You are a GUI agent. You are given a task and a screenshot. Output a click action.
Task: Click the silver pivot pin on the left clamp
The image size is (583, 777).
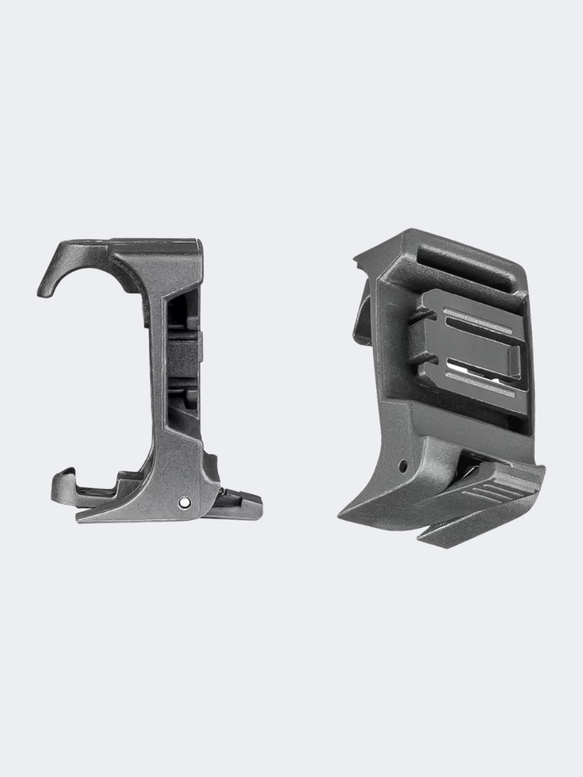pyautogui.click(x=183, y=503)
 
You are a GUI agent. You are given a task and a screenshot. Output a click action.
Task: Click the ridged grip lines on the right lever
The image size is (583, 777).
pyautogui.click(x=484, y=493)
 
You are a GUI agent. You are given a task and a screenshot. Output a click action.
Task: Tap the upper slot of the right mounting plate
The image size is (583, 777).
pyautogui.click(x=477, y=317)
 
